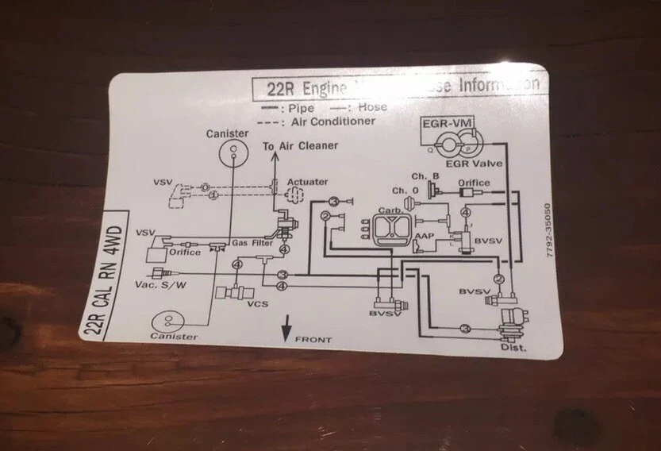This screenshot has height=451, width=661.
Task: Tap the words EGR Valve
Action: [469, 162]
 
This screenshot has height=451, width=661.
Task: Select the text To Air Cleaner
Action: [301, 145]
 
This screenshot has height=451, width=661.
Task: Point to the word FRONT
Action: [313, 340]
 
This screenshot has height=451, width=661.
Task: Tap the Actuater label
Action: [308, 182]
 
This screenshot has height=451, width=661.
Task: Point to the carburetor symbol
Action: [389, 230]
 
